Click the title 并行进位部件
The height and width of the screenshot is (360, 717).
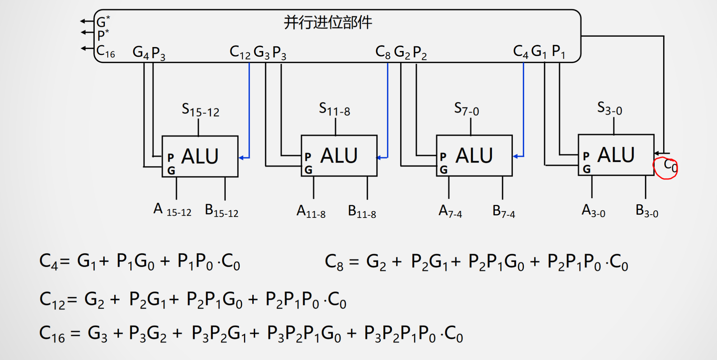(x=328, y=23)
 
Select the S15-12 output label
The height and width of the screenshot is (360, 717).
(x=200, y=110)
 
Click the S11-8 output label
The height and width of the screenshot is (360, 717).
(x=334, y=109)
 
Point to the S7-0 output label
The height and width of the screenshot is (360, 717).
(x=466, y=109)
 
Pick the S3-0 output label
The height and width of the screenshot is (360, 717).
(x=609, y=108)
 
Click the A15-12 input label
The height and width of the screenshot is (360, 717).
(x=172, y=210)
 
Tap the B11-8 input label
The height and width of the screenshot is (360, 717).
(x=362, y=211)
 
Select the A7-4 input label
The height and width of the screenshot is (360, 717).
(x=450, y=211)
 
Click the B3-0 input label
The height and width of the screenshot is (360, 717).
(x=647, y=211)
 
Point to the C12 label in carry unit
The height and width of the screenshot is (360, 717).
(x=240, y=52)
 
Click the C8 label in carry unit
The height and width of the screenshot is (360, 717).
(x=383, y=52)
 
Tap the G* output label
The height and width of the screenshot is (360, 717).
(x=103, y=22)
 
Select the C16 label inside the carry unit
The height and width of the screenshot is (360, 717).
(x=106, y=52)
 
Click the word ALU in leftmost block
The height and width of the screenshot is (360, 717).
(x=200, y=156)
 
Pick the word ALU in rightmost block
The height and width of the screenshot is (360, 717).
(x=616, y=155)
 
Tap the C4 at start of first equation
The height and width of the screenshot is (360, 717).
(x=48, y=261)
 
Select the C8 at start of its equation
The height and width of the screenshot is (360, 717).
(x=334, y=262)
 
